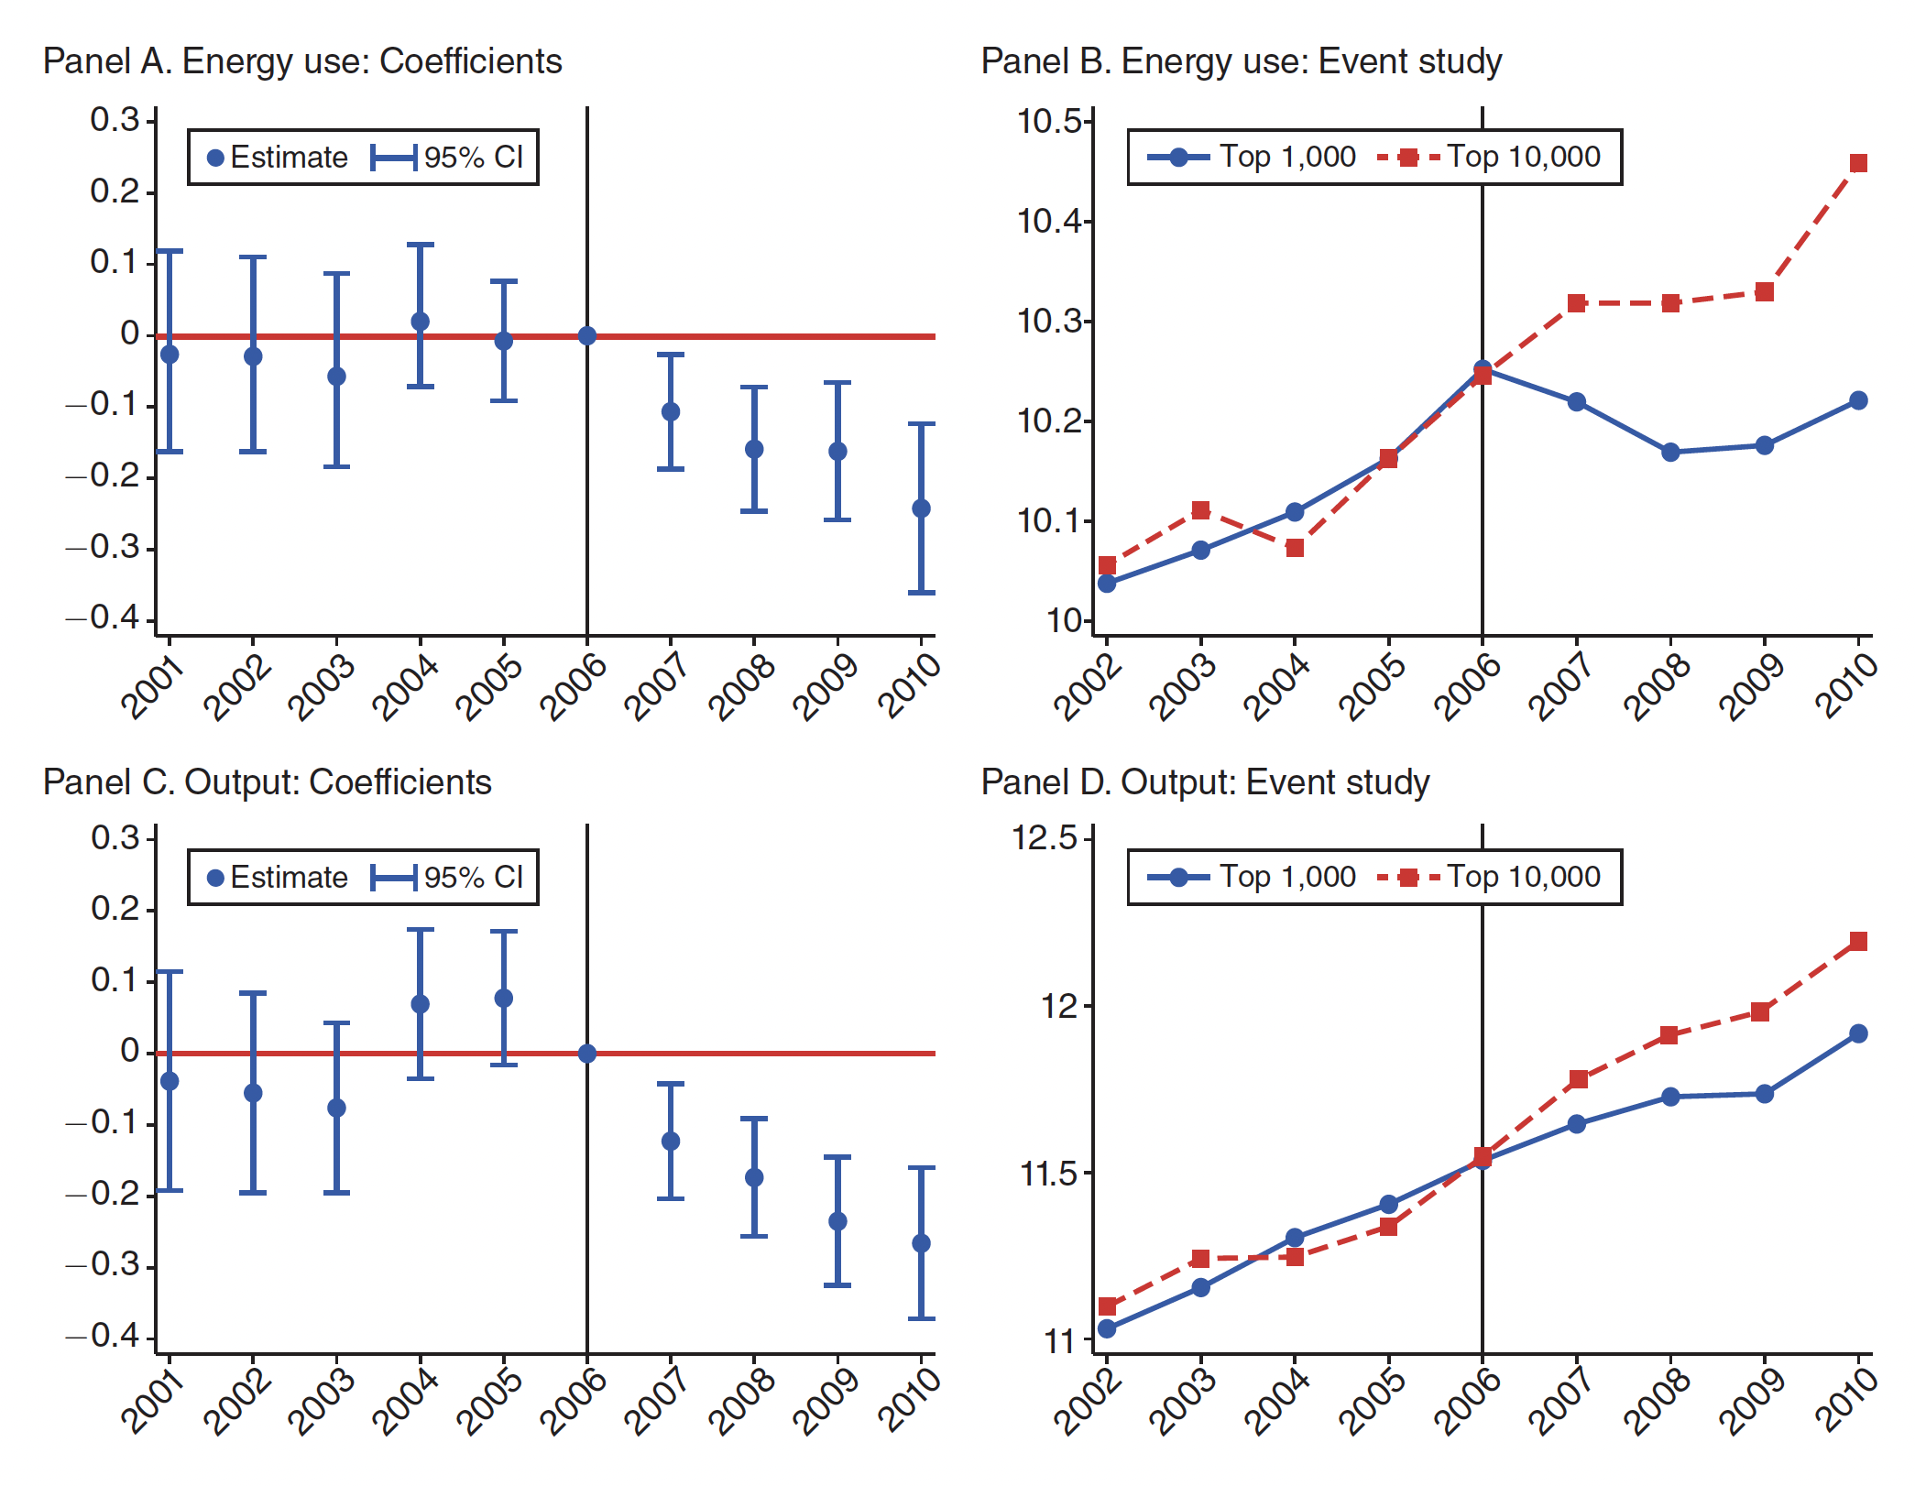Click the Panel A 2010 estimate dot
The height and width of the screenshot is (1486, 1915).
921,508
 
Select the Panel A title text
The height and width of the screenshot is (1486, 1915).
302,61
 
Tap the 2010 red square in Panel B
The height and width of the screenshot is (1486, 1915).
1858,164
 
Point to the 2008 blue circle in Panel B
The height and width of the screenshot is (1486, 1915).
1670,453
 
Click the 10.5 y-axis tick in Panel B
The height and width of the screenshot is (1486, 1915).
1054,122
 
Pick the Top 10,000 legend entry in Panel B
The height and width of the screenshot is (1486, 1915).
1489,158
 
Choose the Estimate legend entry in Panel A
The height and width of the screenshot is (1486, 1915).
278,158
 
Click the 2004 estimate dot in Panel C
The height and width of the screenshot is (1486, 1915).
421,1004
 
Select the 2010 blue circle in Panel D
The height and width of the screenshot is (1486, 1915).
1858,1034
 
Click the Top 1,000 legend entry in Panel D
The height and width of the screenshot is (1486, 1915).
1252,878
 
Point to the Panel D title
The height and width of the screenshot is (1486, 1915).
1205,782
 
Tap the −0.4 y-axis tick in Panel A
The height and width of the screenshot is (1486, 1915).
104,618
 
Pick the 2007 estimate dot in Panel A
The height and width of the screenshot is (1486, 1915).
671,412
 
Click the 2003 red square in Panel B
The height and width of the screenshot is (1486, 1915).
1200,510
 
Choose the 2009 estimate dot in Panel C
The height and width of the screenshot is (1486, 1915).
837,1221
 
